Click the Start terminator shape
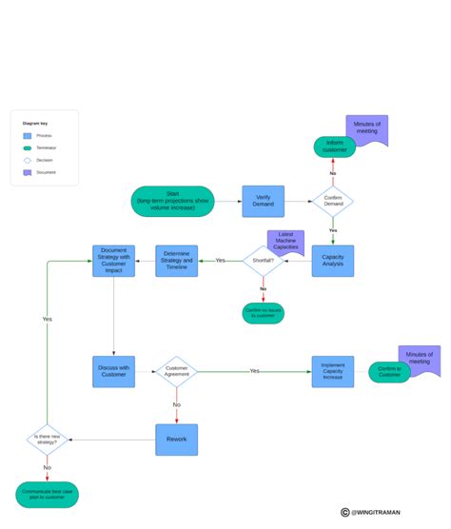click(172, 201)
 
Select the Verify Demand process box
click(263, 202)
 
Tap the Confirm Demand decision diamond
click(332, 202)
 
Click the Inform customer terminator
click(335, 147)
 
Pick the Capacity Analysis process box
click(332, 261)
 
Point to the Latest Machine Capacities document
click(285, 242)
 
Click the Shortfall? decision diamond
click(263, 261)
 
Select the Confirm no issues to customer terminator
click(263, 313)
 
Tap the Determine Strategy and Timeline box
click(177, 261)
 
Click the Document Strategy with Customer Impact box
click(113, 261)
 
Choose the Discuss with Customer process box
click(113, 371)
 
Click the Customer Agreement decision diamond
click(177, 371)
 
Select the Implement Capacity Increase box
click(332, 371)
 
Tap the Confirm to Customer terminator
click(389, 372)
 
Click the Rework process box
click(177, 439)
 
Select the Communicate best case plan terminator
click(47, 494)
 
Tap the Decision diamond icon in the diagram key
click(27, 160)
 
